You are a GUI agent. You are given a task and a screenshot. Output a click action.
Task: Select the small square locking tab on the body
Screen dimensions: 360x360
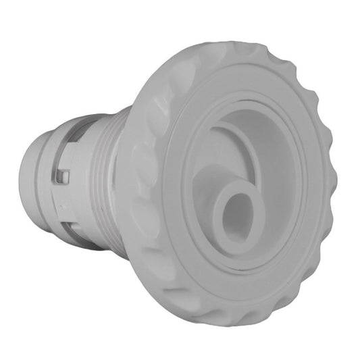pyautogui.click(x=62, y=178)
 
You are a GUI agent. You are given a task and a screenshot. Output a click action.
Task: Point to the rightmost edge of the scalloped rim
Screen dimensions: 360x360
pyautogui.click(x=335, y=189)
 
